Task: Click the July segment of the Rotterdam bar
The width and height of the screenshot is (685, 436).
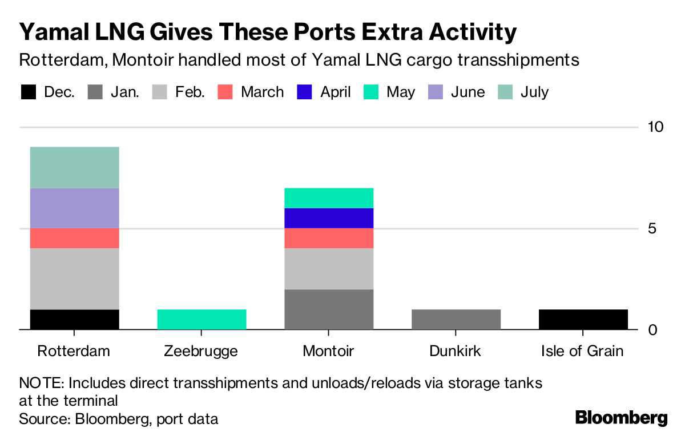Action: coord(75,167)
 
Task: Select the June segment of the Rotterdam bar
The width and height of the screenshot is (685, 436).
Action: coord(75,208)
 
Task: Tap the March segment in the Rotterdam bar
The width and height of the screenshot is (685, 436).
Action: coord(75,238)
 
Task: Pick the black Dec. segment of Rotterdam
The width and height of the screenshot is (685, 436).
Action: coord(75,320)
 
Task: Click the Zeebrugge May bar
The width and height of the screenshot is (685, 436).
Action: coord(202,320)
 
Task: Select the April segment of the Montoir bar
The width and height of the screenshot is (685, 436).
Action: coord(329,219)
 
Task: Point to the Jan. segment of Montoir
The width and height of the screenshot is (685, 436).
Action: coord(329,309)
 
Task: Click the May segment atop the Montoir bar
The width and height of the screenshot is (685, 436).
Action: coord(329,198)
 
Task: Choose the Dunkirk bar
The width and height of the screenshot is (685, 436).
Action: coord(456,320)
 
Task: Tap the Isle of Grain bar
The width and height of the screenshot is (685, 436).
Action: coord(583,320)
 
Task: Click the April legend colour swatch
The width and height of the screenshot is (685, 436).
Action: coord(304,92)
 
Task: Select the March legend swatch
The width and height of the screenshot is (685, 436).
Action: coord(225,92)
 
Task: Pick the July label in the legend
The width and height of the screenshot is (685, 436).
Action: coord(534,92)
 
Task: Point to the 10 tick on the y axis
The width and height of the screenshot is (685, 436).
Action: coord(656,127)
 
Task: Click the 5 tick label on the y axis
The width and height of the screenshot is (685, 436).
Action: coord(652,229)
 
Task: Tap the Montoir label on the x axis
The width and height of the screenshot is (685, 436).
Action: coord(328,351)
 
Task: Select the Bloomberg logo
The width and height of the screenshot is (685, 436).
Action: coord(622,418)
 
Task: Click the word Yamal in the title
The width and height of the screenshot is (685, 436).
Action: coord(54,32)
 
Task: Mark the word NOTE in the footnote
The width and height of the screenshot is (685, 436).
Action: coord(42,383)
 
